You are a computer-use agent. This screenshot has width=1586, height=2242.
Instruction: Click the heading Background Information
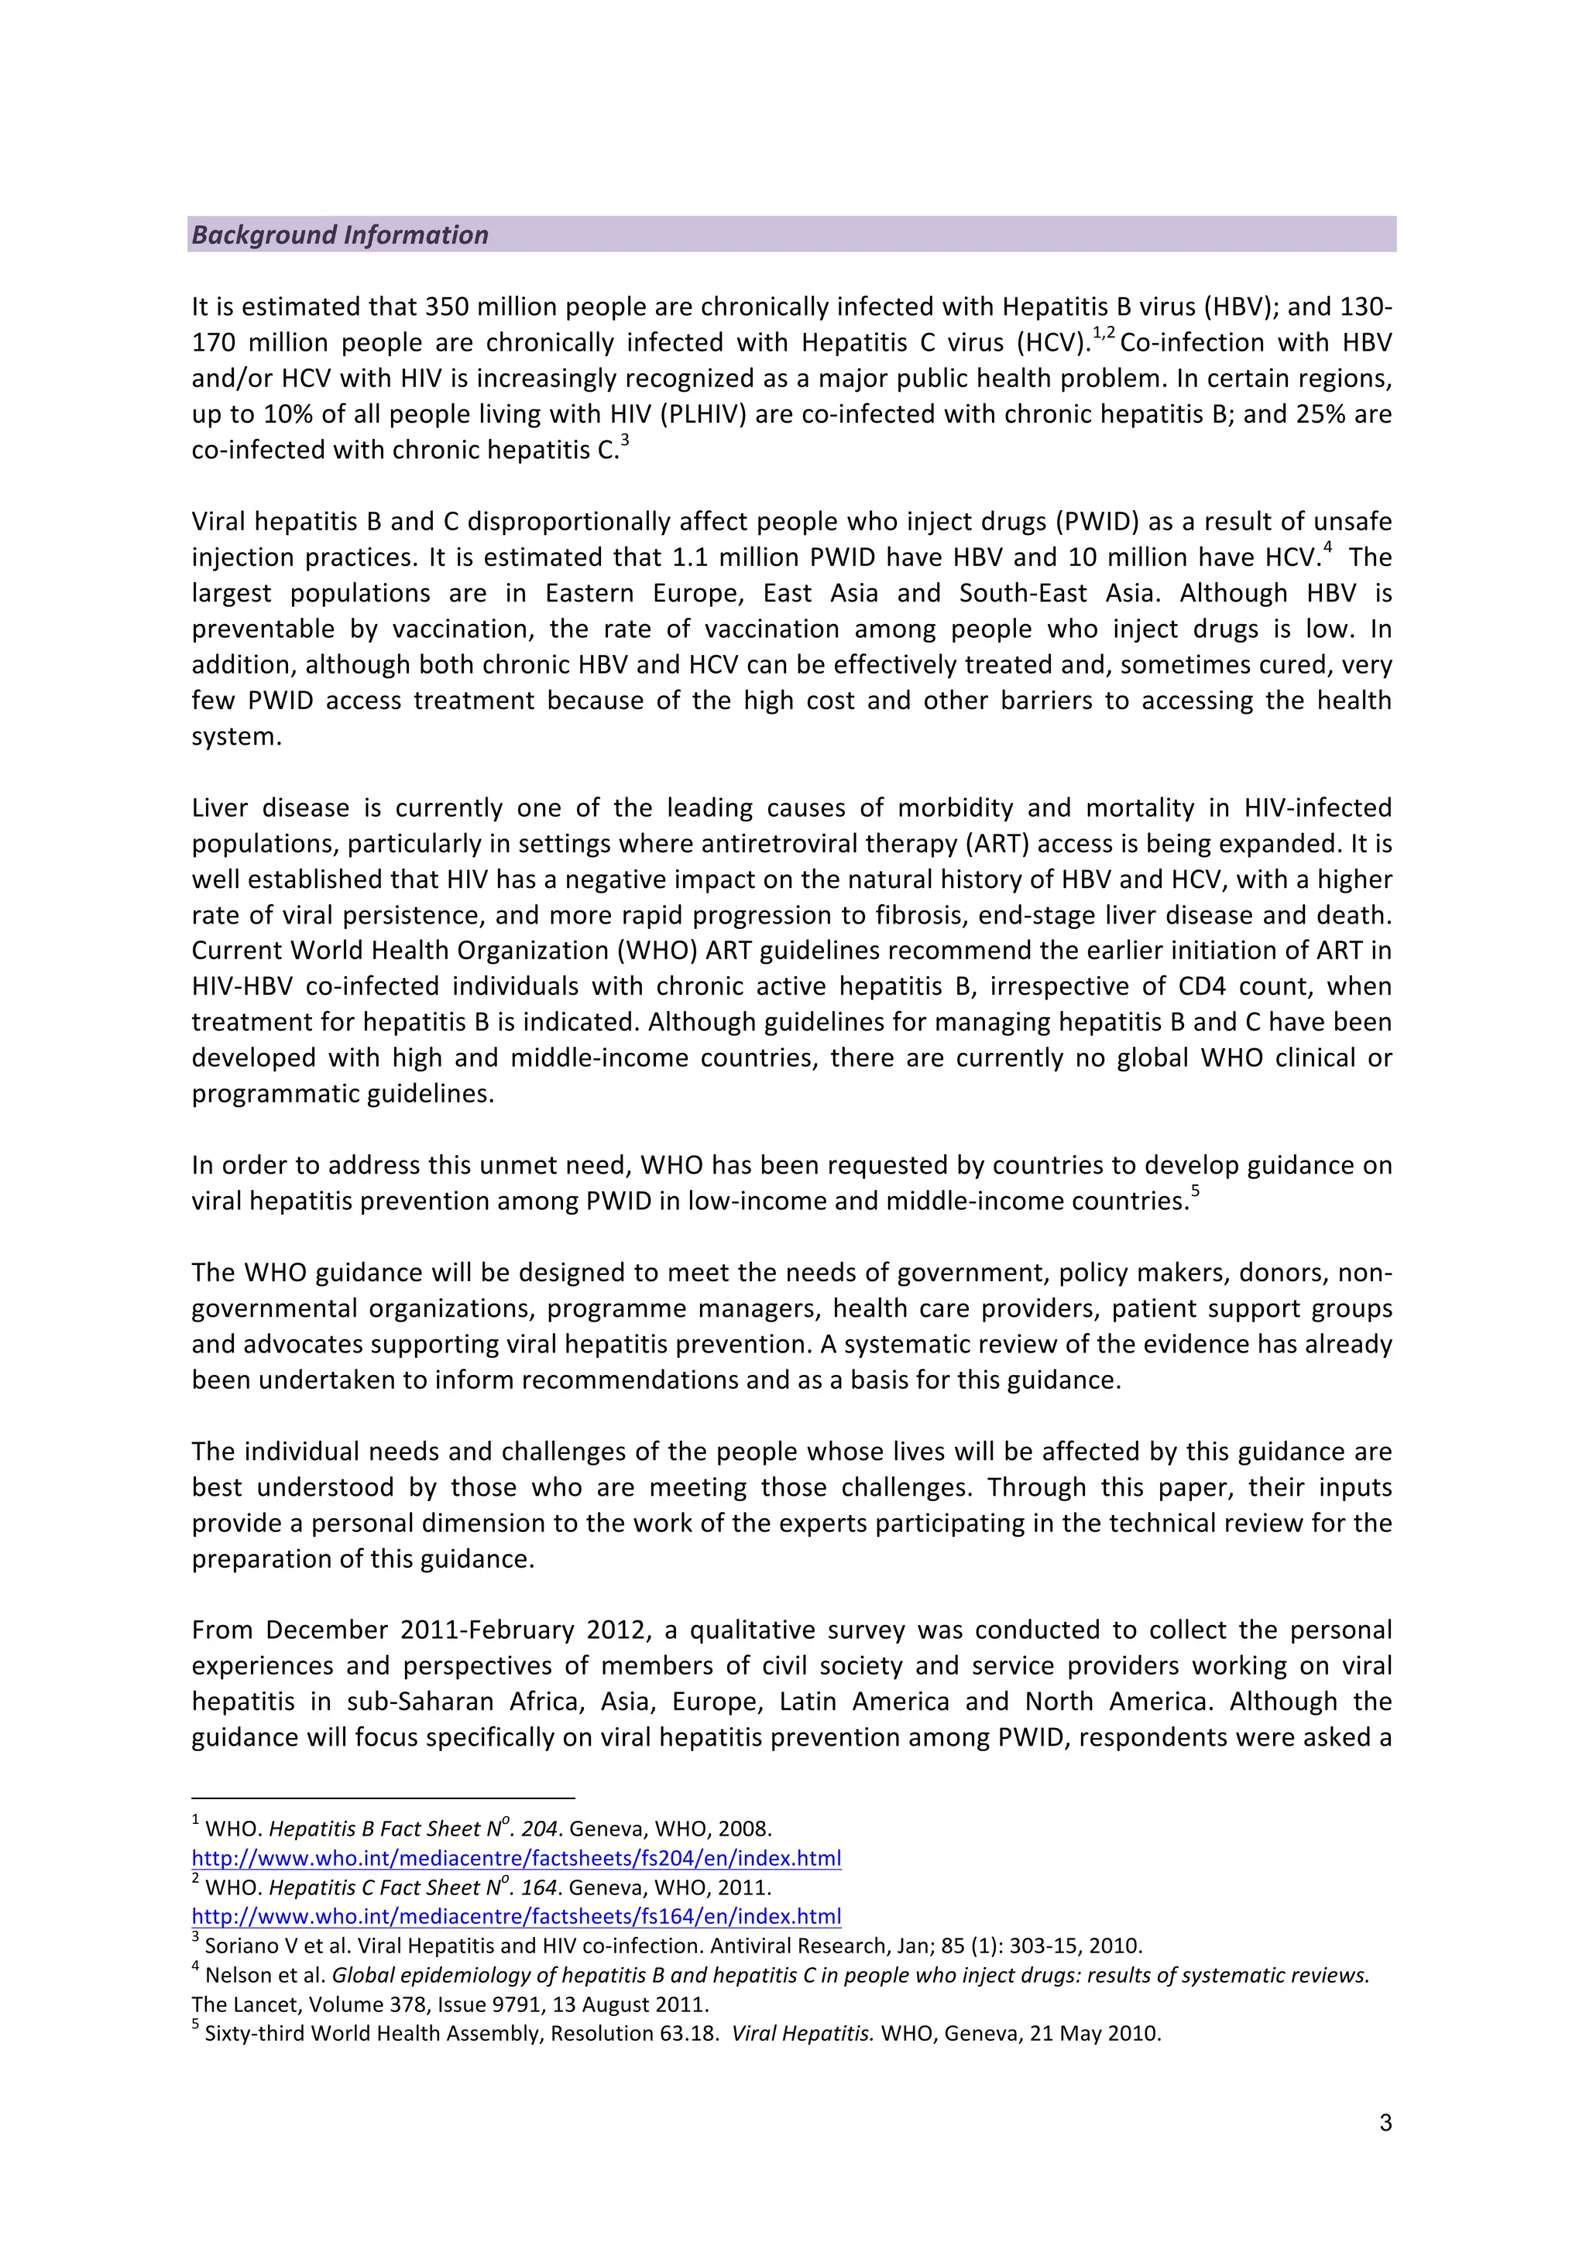click(x=340, y=235)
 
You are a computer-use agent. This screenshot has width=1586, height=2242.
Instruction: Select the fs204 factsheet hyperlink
click(x=516, y=1858)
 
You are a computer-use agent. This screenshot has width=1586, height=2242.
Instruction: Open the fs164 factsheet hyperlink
click(x=516, y=1917)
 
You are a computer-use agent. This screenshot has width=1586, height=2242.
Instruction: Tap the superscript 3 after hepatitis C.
click(x=625, y=441)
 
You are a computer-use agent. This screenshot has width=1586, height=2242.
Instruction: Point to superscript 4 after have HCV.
click(x=1328, y=549)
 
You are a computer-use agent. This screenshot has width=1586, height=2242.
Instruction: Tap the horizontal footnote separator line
click(x=383, y=1798)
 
